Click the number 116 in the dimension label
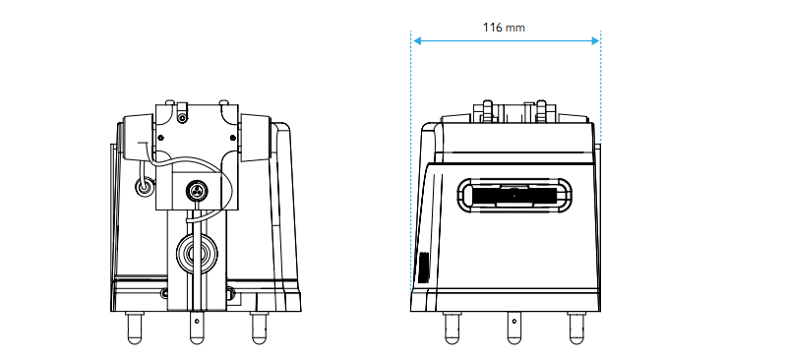[492, 27]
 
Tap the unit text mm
[515, 29]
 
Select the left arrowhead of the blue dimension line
[417, 41]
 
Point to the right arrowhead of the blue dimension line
[595, 41]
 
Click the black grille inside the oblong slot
[513, 196]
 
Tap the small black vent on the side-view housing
[424, 267]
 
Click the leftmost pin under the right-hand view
[452, 328]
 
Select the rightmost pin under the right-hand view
[576, 328]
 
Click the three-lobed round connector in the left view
[196, 190]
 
